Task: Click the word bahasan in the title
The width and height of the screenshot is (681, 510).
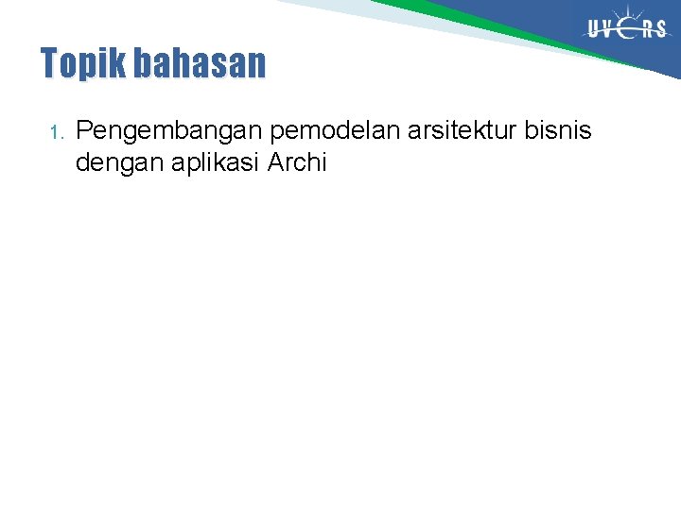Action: [200, 64]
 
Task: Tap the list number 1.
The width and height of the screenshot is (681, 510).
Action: [56, 131]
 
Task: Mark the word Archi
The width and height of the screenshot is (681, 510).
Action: [297, 162]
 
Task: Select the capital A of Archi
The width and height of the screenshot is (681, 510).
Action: [276, 162]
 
